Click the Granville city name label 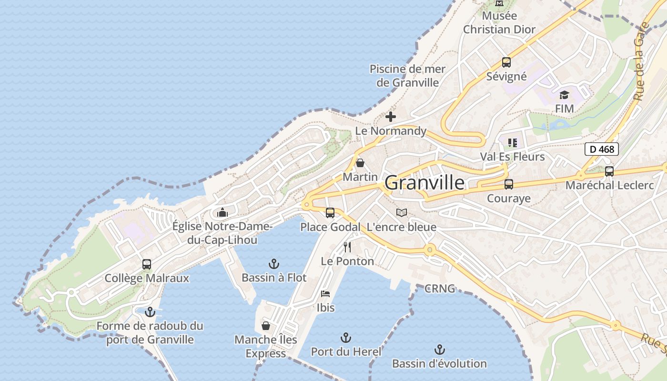click(x=424, y=182)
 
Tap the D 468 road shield click(x=601, y=149)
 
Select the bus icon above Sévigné click(x=506, y=62)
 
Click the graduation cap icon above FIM click(x=564, y=95)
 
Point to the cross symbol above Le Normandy click(x=391, y=117)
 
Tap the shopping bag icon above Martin click(x=360, y=163)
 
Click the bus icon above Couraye click(x=509, y=184)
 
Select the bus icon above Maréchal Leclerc click(x=609, y=171)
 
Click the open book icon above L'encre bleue click(x=402, y=213)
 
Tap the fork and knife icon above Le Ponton click(x=347, y=247)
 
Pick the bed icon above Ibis click(x=325, y=293)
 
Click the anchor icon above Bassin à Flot click(x=273, y=263)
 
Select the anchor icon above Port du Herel click(x=346, y=338)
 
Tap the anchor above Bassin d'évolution click(x=439, y=350)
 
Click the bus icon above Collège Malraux click(x=147, y=264)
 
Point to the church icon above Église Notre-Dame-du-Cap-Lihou click(x=222, y=212)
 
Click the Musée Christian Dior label click(x=499, y=22)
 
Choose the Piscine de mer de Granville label click(x=408, y=76)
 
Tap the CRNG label click(x=439, y=289)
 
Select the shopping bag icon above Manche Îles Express click(x=266, y=326)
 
